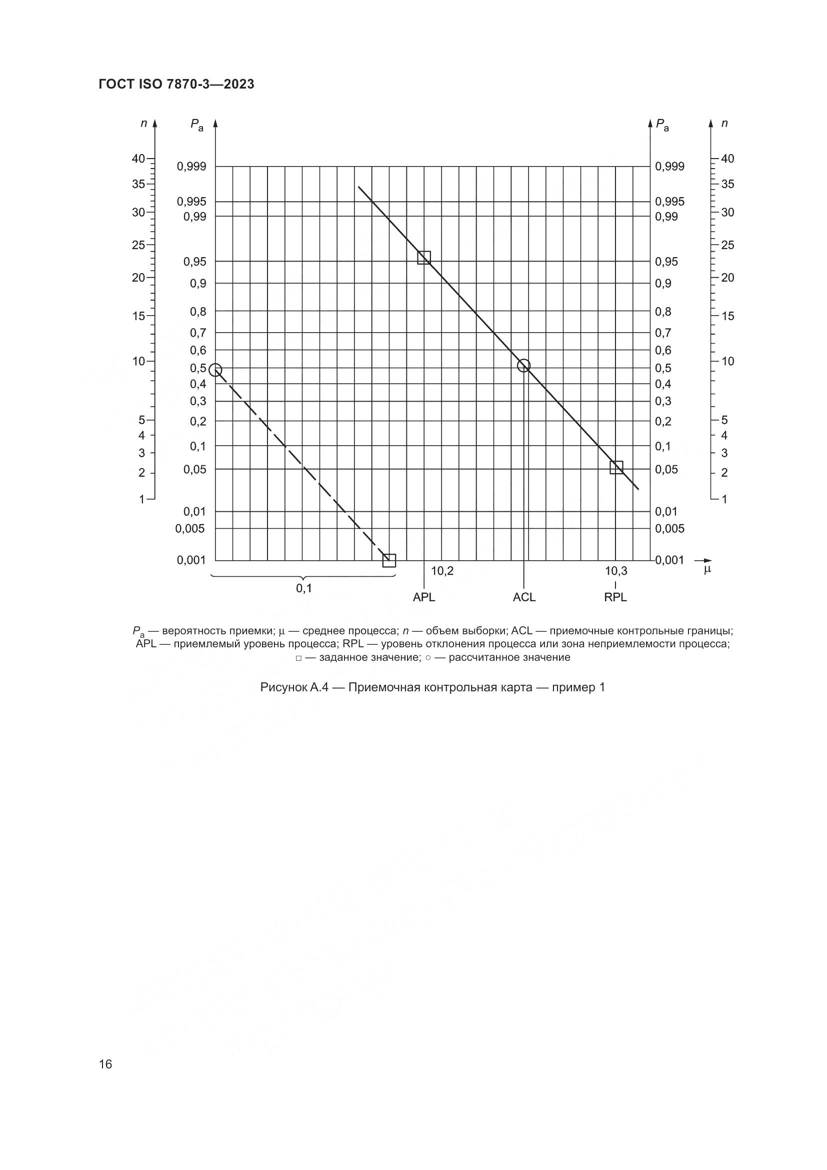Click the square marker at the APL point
(x=423, y=257)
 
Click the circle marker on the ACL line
(x=523, y=365)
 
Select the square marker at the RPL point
(x=616, y=467)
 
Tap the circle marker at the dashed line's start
(x=215, y=370)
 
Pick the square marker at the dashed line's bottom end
(x=389, y=561)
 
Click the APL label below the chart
(x=423, y=597)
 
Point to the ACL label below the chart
(x=524, y=597)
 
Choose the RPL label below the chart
(x=615, y=597)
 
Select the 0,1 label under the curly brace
(x=304, y=589)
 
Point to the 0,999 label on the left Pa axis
(x=191, y=167)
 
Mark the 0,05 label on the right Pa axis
(x=666, y=469)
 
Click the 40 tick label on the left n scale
(x=138, y=159)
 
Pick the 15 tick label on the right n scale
(x=727, y=316)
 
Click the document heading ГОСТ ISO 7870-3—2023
(x=176, y=85)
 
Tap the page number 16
(x=105, y=1064)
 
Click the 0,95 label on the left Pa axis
(x=194, y=262)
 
